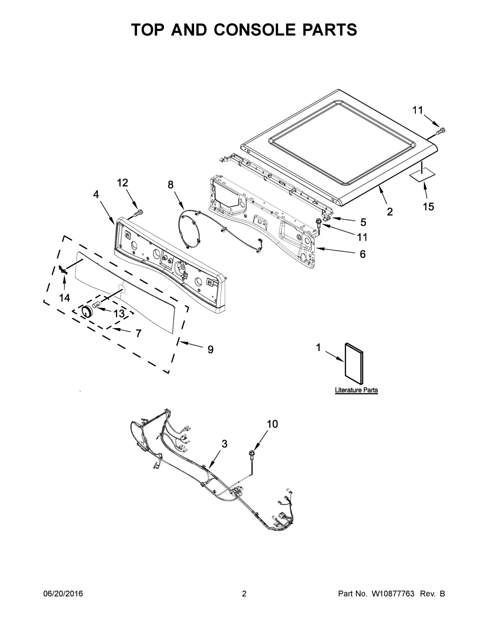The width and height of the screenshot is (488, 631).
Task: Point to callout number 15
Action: tap(428, 207)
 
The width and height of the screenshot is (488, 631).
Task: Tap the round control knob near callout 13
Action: tap(86, 312)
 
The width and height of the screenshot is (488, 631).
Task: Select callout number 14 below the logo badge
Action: tap(64, 298)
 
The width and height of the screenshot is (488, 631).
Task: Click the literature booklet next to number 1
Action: tap(354, 364)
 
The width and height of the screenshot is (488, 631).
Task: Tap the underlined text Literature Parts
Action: tap(356, 390)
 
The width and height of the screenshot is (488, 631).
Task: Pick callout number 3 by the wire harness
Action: tap(224, 444)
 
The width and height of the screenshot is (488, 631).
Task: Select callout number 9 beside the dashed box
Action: tap(210, 350)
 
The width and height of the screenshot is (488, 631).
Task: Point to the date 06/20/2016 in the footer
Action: tap(63, 594)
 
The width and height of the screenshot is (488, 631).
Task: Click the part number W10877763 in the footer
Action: tap(393, 594)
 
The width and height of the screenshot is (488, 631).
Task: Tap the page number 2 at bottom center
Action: tap(244, 594)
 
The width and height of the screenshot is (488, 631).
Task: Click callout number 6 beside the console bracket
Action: tap(362, 254)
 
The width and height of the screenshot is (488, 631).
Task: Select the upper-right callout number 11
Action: tap(417, 110)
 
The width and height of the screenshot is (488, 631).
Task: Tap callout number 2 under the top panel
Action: tap(390, 212)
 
